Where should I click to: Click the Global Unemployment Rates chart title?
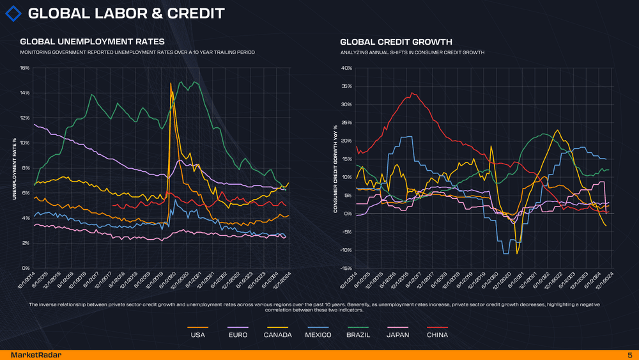[88, 42]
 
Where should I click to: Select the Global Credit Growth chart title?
[396, 42]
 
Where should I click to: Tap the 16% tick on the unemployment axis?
[24, 68]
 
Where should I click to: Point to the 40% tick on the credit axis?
[347, 68]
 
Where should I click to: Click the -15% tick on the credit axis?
[346, 268]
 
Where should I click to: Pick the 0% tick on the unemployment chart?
[26, 268]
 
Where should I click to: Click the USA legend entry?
[198, 335]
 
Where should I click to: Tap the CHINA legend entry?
[437, 335]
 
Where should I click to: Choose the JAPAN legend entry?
[398, 335]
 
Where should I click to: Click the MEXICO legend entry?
[318, 335]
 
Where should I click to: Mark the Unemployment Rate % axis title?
[14, 168]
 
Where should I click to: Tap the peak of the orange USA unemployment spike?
[171, 83]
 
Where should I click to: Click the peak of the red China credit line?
[413, 93]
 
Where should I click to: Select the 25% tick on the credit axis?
[347, 123]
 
